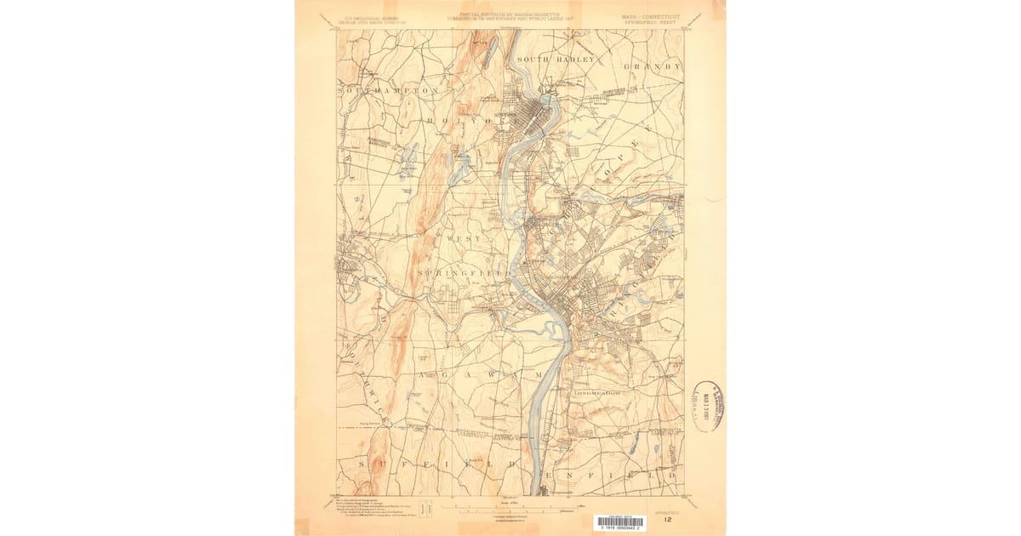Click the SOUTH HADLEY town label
coord(556,60)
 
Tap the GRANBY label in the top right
coord(653,66)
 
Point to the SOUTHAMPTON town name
coord(388,89)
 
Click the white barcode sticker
coord(619,522)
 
